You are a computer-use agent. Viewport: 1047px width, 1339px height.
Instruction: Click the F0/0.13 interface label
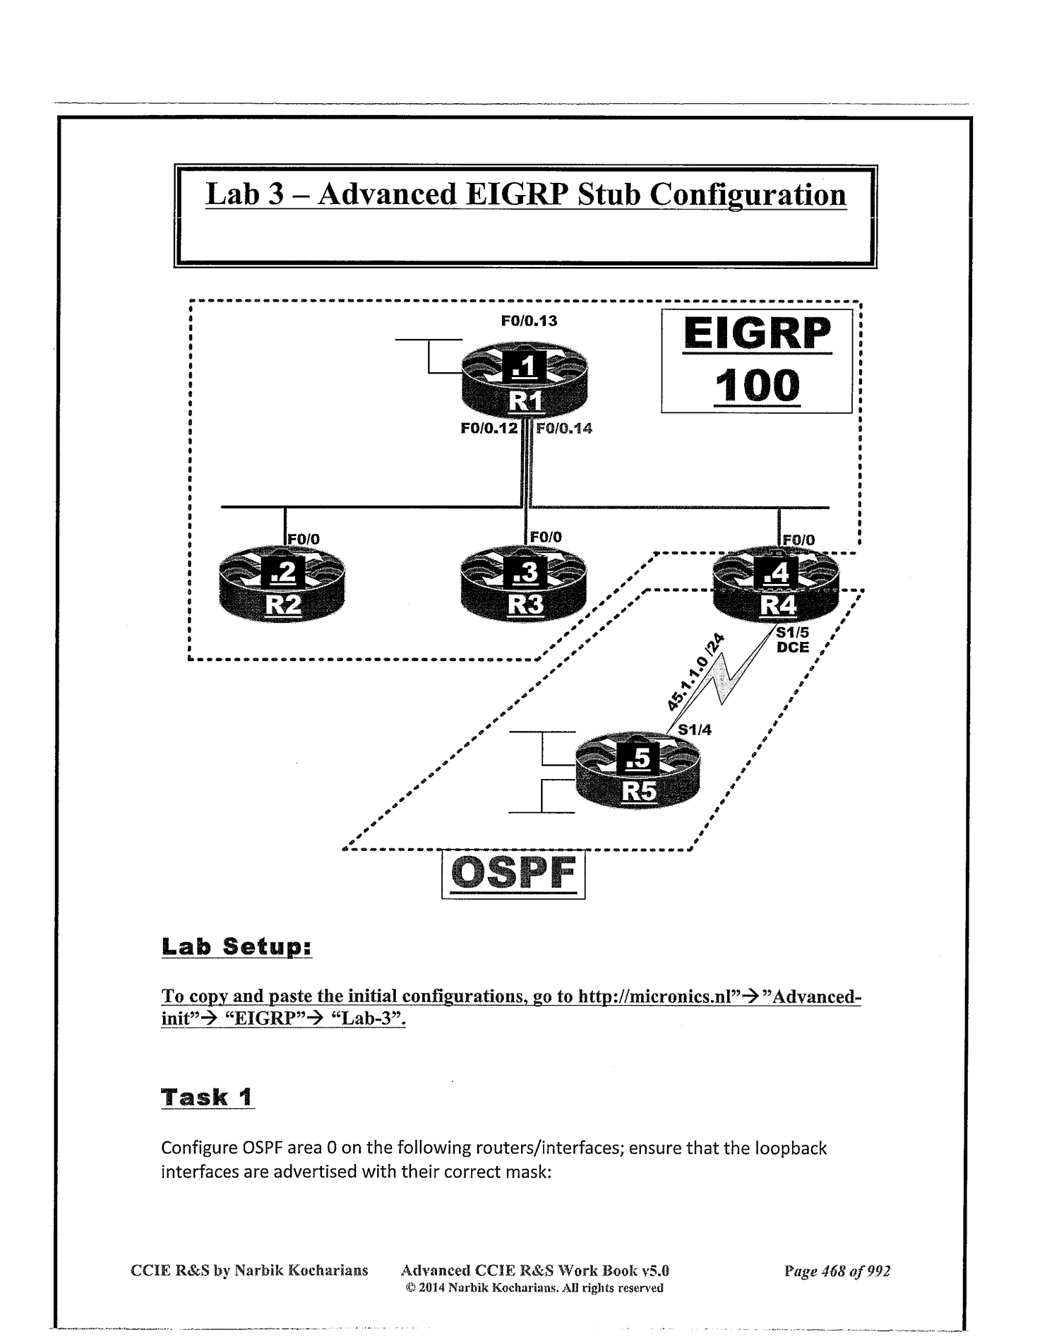click(529, 321)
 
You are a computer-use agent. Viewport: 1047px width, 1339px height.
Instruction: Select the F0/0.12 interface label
click(489, 427)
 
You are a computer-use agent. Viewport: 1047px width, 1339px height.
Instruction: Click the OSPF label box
click(513, 874)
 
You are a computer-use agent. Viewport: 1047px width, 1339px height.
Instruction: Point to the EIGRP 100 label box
click(757, 362)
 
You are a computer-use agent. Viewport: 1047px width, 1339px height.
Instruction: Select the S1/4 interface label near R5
click(695, 730)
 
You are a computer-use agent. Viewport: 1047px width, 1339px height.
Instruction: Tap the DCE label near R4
click(792, 647)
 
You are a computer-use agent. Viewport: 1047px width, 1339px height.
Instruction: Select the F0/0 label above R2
click(304, 539)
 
